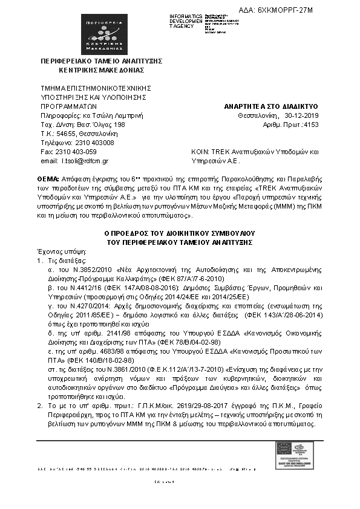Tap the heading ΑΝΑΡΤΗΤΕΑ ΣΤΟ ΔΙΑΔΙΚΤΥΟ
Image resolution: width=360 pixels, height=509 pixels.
(x=270, y=106)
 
